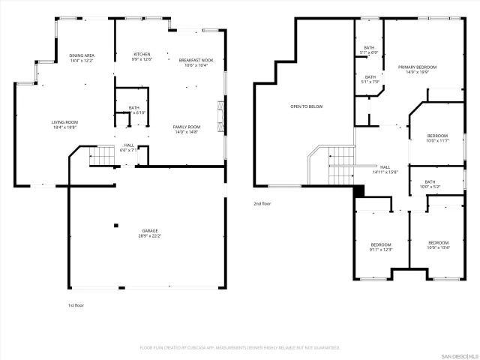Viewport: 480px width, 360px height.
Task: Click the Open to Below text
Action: click(306, 106)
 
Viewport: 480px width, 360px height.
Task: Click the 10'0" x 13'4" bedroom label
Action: click(438, 245)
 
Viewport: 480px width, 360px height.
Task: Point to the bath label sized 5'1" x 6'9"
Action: click(369, 50)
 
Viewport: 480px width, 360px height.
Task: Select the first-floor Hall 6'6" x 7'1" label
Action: click(129, 148)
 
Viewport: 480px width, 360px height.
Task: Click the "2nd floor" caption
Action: click(262, 203)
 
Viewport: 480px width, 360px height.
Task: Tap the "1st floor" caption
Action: click(76, 305)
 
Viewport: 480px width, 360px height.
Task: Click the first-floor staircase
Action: click(100, 157)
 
